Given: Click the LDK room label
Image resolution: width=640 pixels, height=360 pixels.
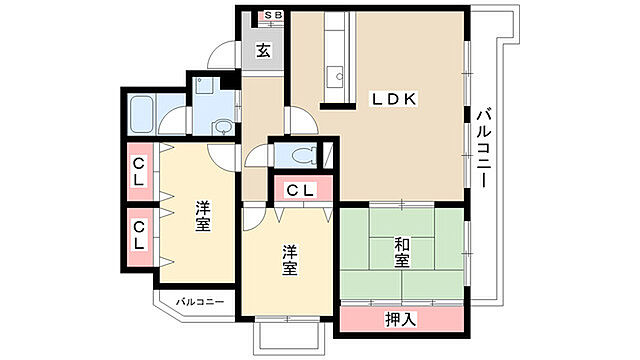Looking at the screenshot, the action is click(393, 99).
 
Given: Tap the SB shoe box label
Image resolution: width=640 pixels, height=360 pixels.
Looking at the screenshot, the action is click(273, 16).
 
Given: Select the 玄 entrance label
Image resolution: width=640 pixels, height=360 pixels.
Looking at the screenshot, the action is click(263, 50).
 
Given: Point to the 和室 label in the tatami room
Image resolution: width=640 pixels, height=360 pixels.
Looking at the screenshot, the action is click(402, 253).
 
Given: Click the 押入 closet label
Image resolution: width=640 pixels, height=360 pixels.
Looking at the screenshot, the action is click(401, 319).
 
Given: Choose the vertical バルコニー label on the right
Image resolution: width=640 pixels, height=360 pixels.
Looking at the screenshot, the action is click(484, 147).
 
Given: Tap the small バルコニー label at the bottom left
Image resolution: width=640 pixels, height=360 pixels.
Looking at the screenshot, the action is click(200, 302).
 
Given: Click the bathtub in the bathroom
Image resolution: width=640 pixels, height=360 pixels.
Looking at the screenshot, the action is click(142, 115).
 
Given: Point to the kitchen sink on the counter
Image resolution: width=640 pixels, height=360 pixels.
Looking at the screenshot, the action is click(337, 76).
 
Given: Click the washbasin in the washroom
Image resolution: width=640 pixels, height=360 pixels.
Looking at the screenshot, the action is click(222, 127).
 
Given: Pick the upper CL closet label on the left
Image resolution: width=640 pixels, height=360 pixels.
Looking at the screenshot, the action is click(139, 172).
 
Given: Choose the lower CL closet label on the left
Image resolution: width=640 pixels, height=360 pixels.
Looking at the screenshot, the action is click(139, 236).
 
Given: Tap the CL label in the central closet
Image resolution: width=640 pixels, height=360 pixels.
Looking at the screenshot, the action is click(301, 190).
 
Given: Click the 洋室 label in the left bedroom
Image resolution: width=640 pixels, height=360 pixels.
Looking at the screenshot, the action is click(202, 216).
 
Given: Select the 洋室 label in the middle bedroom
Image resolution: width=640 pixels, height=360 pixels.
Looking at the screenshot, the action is click(289, 260).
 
